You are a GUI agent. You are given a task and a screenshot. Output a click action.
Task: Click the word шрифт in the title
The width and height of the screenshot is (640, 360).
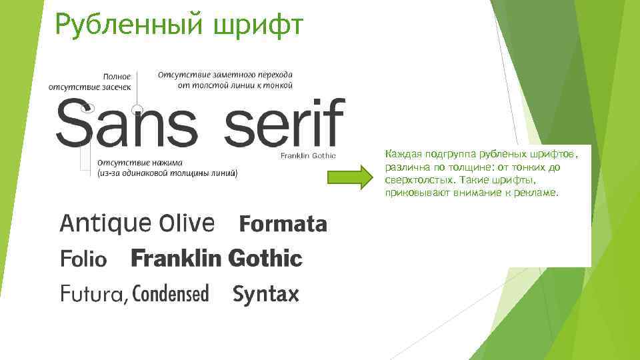point(259,25)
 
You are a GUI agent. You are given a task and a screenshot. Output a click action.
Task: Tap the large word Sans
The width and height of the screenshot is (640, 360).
point(127,124)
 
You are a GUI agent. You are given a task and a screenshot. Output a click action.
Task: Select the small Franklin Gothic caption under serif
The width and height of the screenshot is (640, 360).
point(308,155)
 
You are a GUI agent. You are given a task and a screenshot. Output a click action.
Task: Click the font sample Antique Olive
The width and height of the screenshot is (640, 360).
point(137,223)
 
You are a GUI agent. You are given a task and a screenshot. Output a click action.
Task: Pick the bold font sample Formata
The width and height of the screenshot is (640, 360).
point(283,225)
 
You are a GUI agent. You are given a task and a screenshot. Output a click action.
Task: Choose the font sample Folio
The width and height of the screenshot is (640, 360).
point(83,259)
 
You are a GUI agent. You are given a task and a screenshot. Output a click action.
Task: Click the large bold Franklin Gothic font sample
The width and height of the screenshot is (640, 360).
point(217,259)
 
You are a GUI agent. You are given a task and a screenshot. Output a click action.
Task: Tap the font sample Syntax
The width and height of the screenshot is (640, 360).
point(266,294)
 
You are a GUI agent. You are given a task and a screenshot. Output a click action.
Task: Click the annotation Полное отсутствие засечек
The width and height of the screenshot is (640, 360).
point(91,81)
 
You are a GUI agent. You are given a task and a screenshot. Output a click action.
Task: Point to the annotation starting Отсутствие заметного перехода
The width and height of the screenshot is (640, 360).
point(225,79)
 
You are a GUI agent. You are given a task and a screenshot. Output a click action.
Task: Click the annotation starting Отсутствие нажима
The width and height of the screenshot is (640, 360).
point(167,168)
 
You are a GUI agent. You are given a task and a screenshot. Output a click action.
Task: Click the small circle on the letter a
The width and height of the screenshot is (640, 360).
point(137,109)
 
